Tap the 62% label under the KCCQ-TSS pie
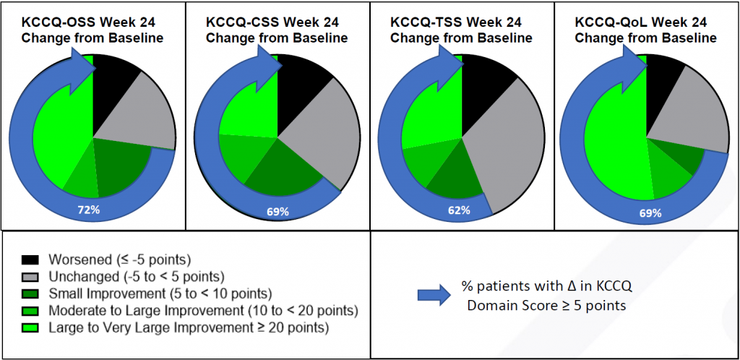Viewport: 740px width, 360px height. coord(459,210)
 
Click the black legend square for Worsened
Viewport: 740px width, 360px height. coord(30,260)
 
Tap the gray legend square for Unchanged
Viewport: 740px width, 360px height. coord(30,277)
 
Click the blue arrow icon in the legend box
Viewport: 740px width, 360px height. coord(430,293)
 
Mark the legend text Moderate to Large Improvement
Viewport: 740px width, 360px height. coord(202,312)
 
